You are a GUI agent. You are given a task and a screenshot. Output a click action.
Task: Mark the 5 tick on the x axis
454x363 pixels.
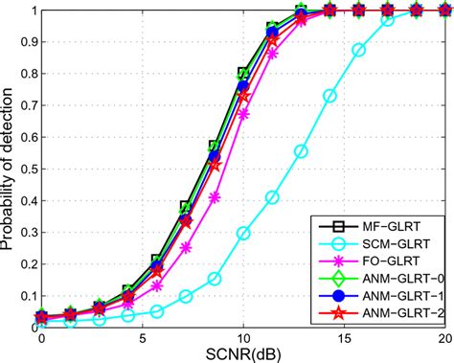(142, 338)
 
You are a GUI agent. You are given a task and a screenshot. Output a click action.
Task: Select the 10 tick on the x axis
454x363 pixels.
(243, 338)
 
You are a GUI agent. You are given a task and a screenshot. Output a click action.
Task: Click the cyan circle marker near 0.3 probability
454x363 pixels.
(243, 233)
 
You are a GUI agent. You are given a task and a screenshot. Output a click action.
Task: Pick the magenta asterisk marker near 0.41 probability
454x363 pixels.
(215, 197)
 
